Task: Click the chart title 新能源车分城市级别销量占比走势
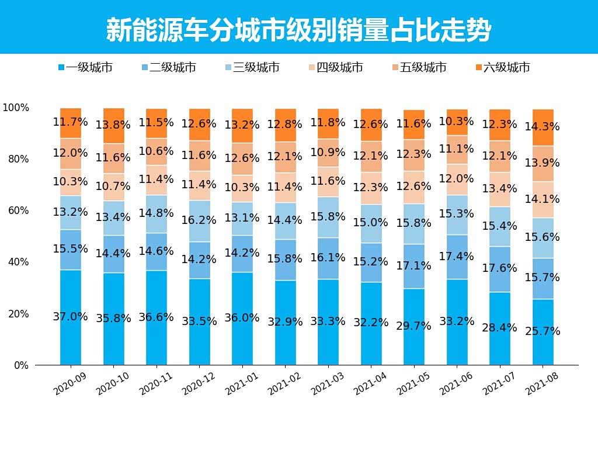[x=298, y=29]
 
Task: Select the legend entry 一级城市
[x=89, y=68]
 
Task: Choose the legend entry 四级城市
[x=339, y=68]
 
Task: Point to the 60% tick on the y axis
[x=18, y=210]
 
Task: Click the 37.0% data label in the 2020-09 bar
[x=70, y=317]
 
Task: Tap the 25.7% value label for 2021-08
[x=543, y=331]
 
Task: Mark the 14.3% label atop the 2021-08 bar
[x=543, y=126]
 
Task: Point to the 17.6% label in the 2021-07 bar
[x=499, y=268]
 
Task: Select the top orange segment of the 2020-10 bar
[x=113, y=126]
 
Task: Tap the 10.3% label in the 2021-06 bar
[x=457, y=122]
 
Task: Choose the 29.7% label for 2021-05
[x=413, y=326]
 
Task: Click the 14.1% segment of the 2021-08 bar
[x=543, y=199]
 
